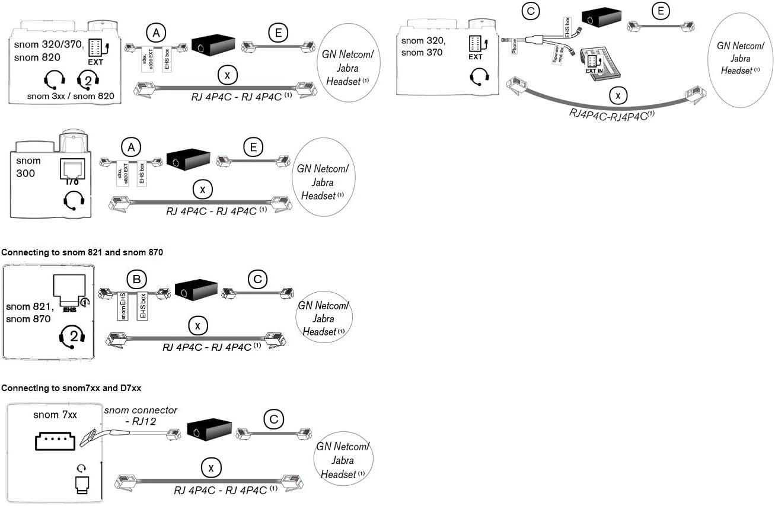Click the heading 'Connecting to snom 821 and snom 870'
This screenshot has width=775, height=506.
82,252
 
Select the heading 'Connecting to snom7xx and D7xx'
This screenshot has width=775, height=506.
71,388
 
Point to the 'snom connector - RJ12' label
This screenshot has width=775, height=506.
141,416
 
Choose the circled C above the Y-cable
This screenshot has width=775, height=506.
529,10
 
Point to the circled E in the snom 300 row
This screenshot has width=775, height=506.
253,147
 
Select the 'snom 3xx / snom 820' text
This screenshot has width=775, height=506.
71,95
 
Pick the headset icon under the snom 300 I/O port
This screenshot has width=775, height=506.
74,202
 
